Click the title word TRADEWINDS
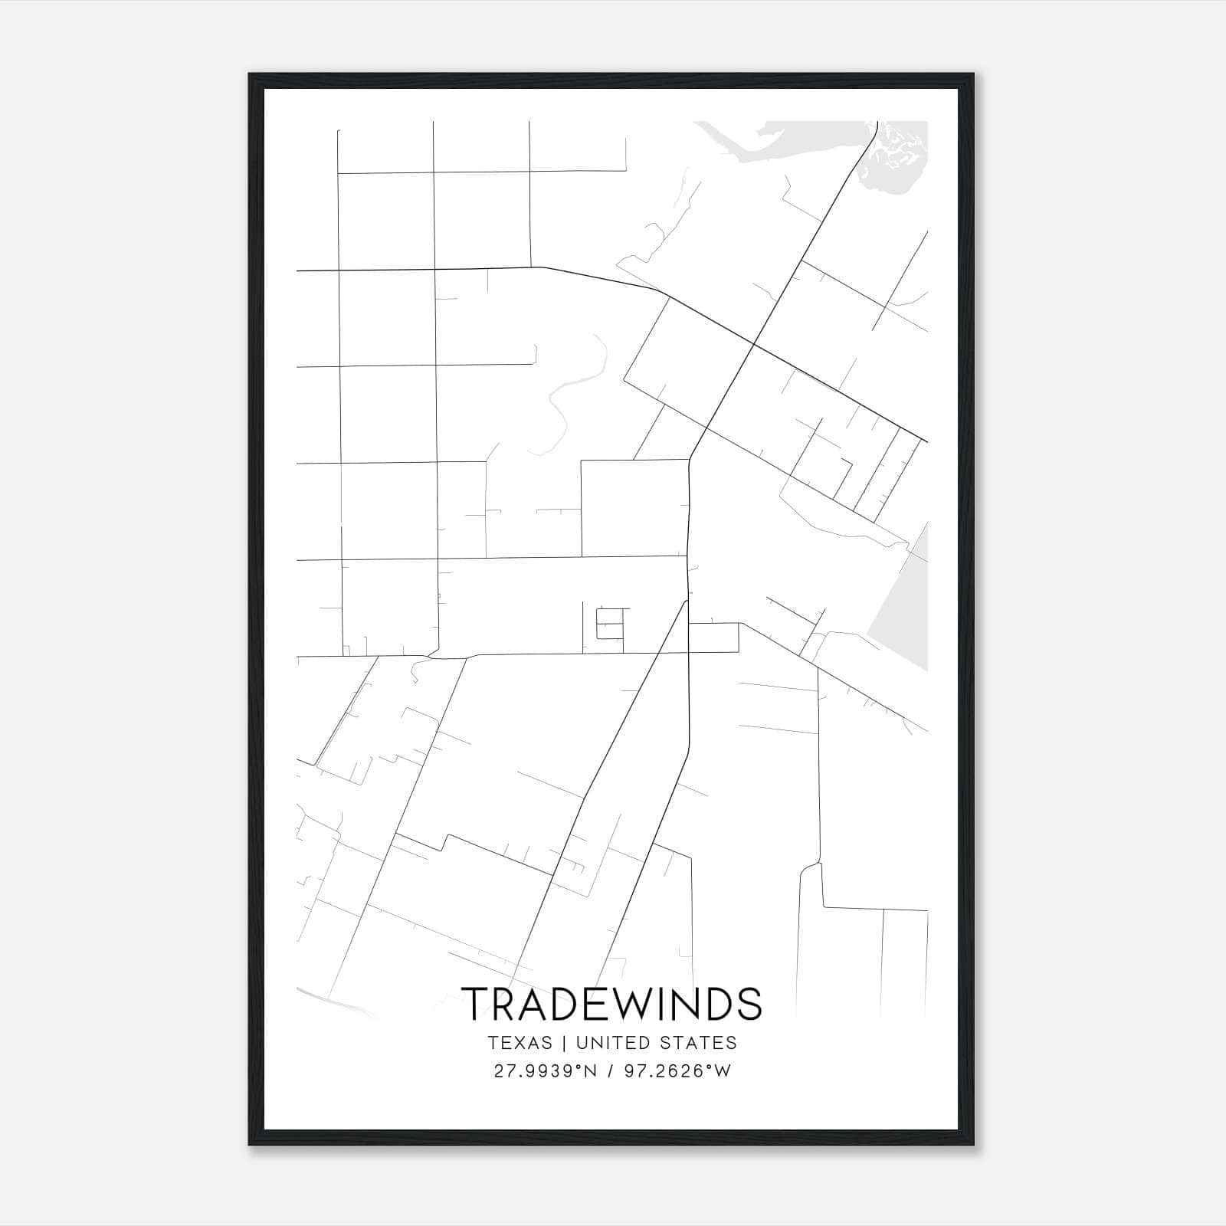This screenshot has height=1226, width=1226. pos(612,1003)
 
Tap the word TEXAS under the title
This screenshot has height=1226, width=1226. pos(519,1043)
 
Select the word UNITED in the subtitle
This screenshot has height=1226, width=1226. pos(608,1043)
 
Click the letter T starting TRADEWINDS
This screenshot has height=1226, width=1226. pos(474,1003)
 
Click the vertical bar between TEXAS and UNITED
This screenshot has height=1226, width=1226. pos(563,1043)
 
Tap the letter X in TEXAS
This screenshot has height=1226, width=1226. pos(519,1043)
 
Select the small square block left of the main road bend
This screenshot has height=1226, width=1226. pos(634,507)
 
